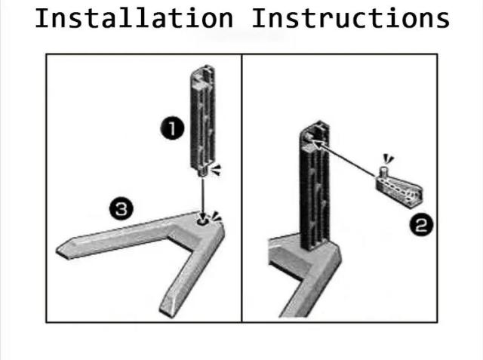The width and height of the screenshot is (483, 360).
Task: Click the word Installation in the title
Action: [x=134, y=18]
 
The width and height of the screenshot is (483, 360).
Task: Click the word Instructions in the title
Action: [x=350, y=18]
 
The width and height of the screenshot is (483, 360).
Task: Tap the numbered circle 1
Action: [x=172, y=128]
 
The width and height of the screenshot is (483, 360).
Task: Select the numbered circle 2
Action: [x=421, y=225]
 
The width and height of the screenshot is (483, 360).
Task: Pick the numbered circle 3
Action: [x=122, y=208]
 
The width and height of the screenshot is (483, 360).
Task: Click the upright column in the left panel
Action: [x=202, y=120]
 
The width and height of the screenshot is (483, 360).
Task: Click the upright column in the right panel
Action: [x=315, y=185]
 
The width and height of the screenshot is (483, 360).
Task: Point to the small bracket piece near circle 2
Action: [x=399, y=189]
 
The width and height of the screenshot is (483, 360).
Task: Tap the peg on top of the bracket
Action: [x=383, y=171]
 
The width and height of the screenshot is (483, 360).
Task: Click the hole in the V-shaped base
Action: [x=202, y=221]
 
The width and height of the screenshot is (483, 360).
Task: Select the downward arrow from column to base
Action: [x=202, y=197]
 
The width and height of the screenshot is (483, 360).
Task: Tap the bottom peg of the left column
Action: [x=202, y=173]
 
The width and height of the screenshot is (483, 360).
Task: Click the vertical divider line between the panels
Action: [x=241, y=188]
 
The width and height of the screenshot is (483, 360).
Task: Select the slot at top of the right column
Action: [x=310, y=138]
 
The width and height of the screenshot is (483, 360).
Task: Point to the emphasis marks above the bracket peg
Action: [x=389, y=158]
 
